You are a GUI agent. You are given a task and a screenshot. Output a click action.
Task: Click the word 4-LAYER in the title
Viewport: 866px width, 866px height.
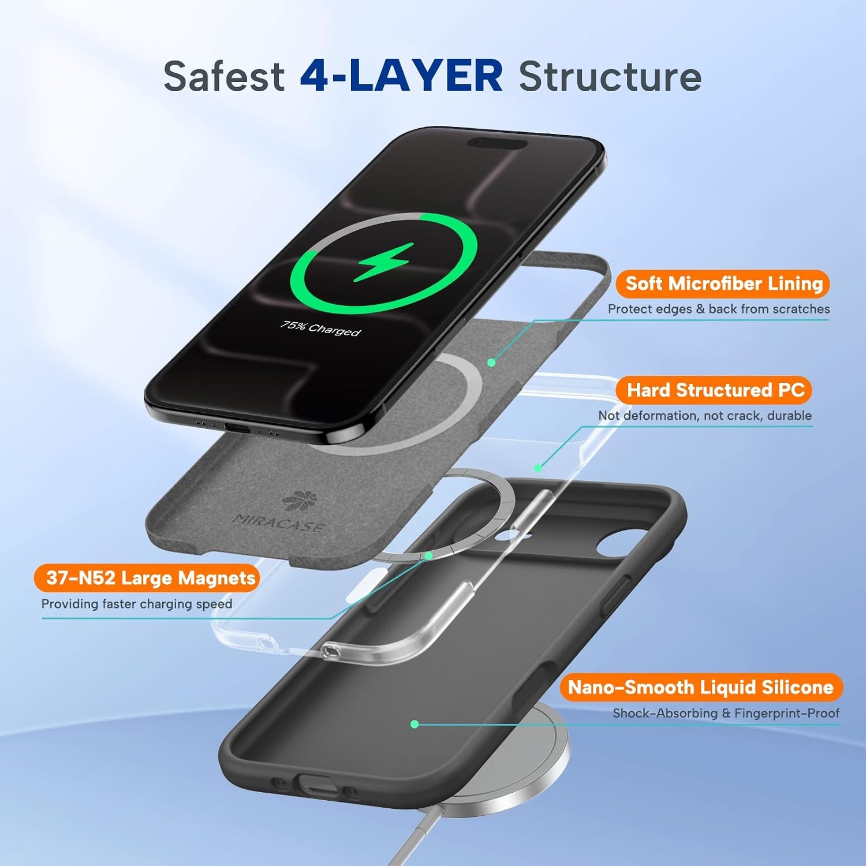[x=401, y=76]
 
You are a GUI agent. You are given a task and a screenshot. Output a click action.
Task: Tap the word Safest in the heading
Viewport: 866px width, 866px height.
[x=224, y=76]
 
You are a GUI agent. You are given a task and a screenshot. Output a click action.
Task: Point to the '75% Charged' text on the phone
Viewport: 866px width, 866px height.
[x=320, y=328]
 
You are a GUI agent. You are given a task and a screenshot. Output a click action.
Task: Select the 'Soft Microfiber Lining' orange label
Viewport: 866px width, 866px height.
[x=723, y=283]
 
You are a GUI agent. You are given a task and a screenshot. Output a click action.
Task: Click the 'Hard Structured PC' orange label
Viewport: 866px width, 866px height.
[x=715, y=390]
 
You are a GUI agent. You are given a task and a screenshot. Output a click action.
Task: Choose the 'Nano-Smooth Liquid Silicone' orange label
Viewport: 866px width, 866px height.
[x=701, y=687]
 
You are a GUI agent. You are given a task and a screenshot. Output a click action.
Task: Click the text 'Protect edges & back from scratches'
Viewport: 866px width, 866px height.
[x=719, y=309]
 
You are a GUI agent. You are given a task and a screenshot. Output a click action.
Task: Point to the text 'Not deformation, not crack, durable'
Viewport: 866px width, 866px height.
[x=705, y=416]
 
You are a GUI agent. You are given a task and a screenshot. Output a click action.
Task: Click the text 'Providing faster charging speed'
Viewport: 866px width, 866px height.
[x=137, y=604]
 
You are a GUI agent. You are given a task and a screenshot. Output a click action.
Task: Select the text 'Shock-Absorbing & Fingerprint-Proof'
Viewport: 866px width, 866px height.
[x=726, y=713]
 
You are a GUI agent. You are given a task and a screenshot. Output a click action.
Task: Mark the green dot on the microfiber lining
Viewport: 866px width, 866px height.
[x=491, y=363]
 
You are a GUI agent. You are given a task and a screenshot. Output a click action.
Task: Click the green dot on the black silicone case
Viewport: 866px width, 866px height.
[x=415, y=724]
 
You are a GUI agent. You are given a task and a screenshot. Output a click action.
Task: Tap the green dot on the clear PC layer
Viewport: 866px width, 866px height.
[x=537, y=468]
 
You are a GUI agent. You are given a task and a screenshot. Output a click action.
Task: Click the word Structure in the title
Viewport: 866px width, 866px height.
[x=610, y=76]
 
